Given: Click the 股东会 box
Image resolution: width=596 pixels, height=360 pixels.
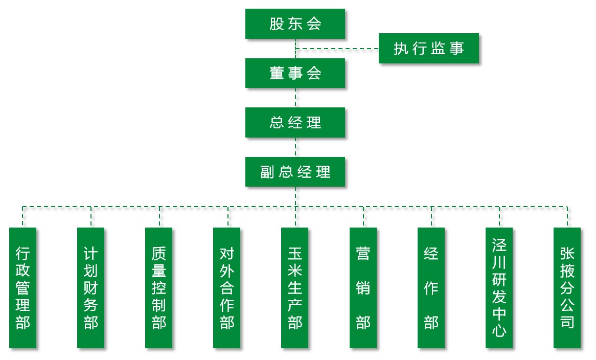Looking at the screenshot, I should (295, 24).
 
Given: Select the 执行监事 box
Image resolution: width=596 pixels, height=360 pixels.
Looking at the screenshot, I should (429, 49).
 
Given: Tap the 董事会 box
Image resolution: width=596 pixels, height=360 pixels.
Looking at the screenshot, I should (295, 73).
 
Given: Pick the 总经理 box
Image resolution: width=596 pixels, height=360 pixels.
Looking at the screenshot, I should (295, 123).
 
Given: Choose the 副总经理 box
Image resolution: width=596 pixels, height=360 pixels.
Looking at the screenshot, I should (295, 172).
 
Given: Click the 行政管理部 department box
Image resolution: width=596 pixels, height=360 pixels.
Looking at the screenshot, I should (23, 288).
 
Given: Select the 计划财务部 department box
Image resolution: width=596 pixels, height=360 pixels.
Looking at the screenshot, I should (91, 288).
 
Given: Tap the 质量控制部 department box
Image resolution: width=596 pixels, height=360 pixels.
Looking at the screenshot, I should (159, 288).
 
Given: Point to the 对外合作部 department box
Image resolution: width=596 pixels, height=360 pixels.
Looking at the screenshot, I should (227, 288).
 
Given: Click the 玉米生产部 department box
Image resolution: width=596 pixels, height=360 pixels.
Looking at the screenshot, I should (295, 288).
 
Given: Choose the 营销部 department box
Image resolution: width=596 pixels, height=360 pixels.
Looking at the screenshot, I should (363, 288).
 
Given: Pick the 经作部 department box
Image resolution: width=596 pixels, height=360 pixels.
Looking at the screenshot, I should (431, 288).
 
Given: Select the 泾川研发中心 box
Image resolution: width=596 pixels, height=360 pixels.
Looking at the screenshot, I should (499, 288).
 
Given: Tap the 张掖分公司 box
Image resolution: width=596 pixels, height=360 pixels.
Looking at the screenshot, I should (567, 288).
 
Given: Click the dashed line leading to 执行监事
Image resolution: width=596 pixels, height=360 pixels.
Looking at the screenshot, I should (337, 49).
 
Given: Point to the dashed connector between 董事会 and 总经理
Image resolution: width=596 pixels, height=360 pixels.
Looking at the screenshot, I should (295, 98).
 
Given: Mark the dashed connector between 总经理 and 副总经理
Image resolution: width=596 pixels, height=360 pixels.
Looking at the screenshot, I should (295, 147).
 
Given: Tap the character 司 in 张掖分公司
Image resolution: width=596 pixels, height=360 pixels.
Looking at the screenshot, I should (567, 322).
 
